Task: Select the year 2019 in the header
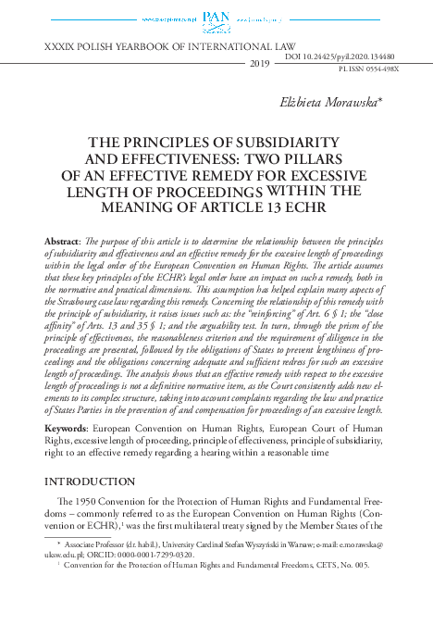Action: (x=260, y=63)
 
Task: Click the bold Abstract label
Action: (x=61, y=241)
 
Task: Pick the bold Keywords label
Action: (x=66, y=431)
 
